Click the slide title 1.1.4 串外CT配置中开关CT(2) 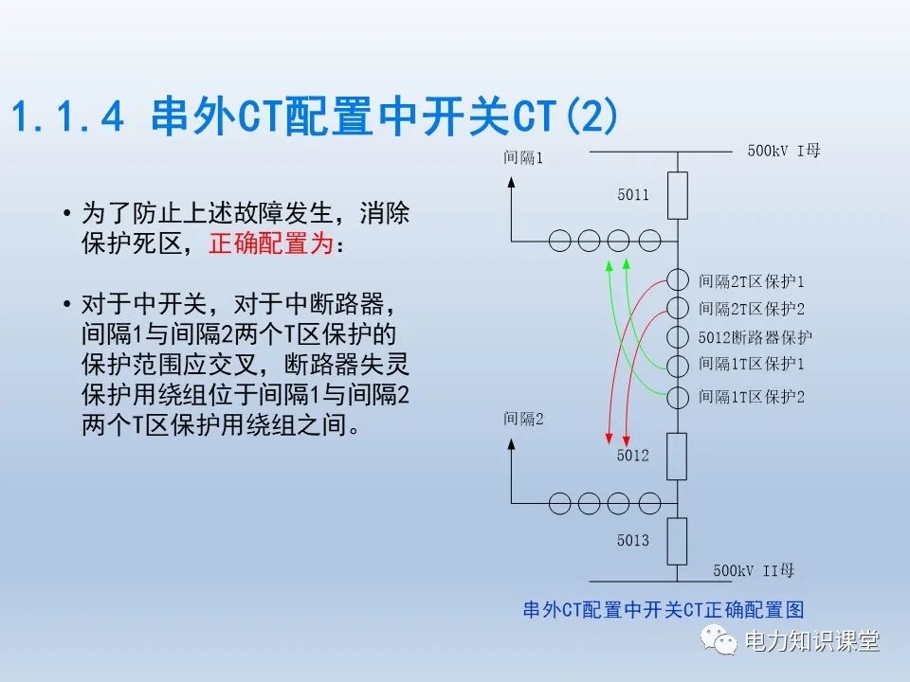pos(315,118)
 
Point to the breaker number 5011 pos(632,195)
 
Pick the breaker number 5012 pos(632,456)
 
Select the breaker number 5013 pos(632,540)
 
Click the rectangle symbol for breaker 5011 pos(677,195)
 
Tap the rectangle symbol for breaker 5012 pos(677,457)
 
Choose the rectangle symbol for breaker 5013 pos(677,541)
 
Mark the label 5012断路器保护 pos(755,337)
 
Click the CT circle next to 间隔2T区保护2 pos(677,308)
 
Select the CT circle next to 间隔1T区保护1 pos(677,366)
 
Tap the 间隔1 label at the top pos(523,157)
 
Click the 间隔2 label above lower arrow pos(523,418)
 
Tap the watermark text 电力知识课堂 pos(812,641)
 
